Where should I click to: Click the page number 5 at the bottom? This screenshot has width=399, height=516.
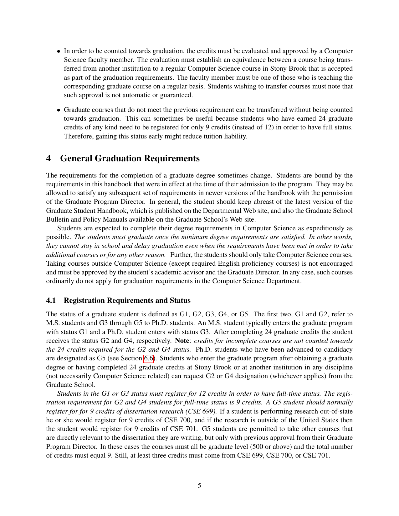[199, 486]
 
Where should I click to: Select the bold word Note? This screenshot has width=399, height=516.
[182, 341]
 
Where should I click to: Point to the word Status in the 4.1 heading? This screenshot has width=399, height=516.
[180, 300]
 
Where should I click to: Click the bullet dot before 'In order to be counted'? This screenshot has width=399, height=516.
[59, 51]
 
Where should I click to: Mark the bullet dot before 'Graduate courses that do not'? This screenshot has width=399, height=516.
[59, 110]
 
